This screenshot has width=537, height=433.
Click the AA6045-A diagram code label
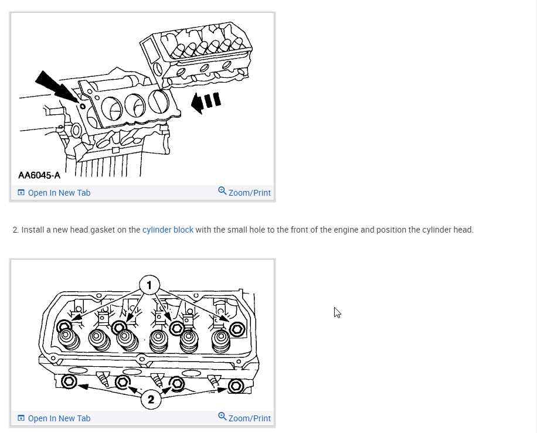point(39,175)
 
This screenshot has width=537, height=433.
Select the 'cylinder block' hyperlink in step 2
point(168,230)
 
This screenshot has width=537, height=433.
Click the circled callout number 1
point(149,285)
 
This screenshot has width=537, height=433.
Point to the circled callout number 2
point(151,400)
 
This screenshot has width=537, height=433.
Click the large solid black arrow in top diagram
point(56,86)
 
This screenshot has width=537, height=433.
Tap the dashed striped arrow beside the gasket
point(206,102)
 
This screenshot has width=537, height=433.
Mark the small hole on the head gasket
point(83,107)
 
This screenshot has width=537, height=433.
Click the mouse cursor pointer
point(337,312)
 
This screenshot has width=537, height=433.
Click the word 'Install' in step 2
point(32,230)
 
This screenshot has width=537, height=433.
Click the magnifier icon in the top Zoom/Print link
point(222,191)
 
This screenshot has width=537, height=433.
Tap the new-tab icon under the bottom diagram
point(21,418)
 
